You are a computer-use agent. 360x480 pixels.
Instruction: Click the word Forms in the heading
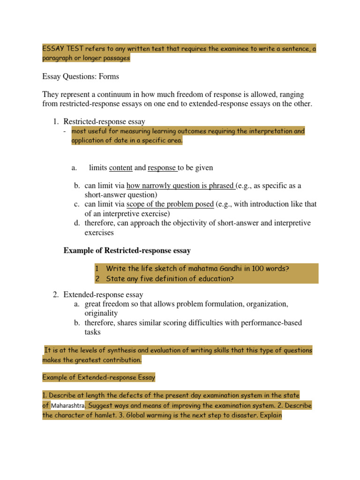109,76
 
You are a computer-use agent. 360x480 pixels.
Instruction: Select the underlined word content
120,167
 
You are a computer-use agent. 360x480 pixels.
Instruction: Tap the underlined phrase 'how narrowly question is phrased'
180,186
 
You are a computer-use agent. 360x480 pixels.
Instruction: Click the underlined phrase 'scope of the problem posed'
170,204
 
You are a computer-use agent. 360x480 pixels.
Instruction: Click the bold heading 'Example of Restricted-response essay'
127,251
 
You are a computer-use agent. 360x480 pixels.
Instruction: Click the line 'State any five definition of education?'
164,278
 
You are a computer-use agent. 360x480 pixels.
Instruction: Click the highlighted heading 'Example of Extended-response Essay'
98,377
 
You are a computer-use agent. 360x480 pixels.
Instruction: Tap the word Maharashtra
68,405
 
